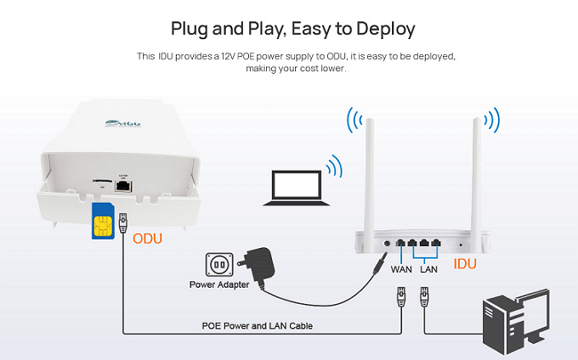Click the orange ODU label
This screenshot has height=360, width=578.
click(148, 238)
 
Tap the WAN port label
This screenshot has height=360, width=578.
click(401, 268)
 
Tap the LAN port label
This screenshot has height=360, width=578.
click(429, 268)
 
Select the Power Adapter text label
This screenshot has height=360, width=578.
click(218, 285)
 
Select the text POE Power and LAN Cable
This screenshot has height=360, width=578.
click(257, 326)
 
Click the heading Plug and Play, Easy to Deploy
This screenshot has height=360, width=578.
click(293, 28)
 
